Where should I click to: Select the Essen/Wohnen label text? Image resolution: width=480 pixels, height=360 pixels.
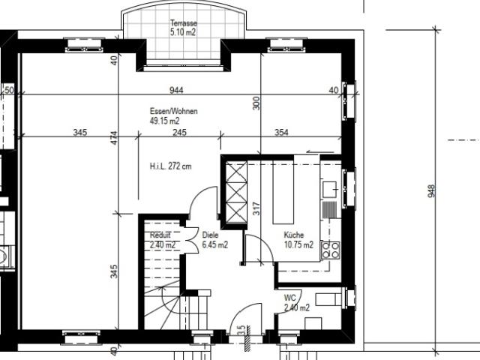tap(173, 111)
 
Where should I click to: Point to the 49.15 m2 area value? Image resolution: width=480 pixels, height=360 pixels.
tap(164, 121)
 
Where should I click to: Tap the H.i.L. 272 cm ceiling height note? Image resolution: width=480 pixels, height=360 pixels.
tap(170, 166)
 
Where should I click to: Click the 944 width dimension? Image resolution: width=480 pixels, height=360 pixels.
tap(176, 90)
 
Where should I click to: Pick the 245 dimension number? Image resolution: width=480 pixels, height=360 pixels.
tap(178, 133)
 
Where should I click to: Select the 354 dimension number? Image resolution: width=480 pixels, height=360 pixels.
tap(281, 133)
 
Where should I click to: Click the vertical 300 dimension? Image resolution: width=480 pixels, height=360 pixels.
tap(256, 103)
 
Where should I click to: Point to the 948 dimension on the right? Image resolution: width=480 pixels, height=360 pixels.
tap(431, 190)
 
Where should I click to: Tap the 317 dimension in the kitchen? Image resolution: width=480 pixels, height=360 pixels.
tap(256, 208)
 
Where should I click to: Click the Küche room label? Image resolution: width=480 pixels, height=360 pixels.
tap(293, 235)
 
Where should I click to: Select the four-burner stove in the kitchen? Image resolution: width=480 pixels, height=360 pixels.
tap(329, 250)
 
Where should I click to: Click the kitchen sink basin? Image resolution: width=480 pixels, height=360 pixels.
tap(329, 188)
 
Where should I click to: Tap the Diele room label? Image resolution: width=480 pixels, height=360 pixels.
tap(211, 235)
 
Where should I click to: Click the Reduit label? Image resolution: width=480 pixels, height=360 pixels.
tap(160, 235)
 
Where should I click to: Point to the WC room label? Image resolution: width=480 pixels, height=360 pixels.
tap(289, 298)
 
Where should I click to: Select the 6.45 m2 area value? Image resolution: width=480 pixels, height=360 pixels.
tap(215, 244)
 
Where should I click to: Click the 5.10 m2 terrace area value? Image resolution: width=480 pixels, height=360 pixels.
tap(182, 33)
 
